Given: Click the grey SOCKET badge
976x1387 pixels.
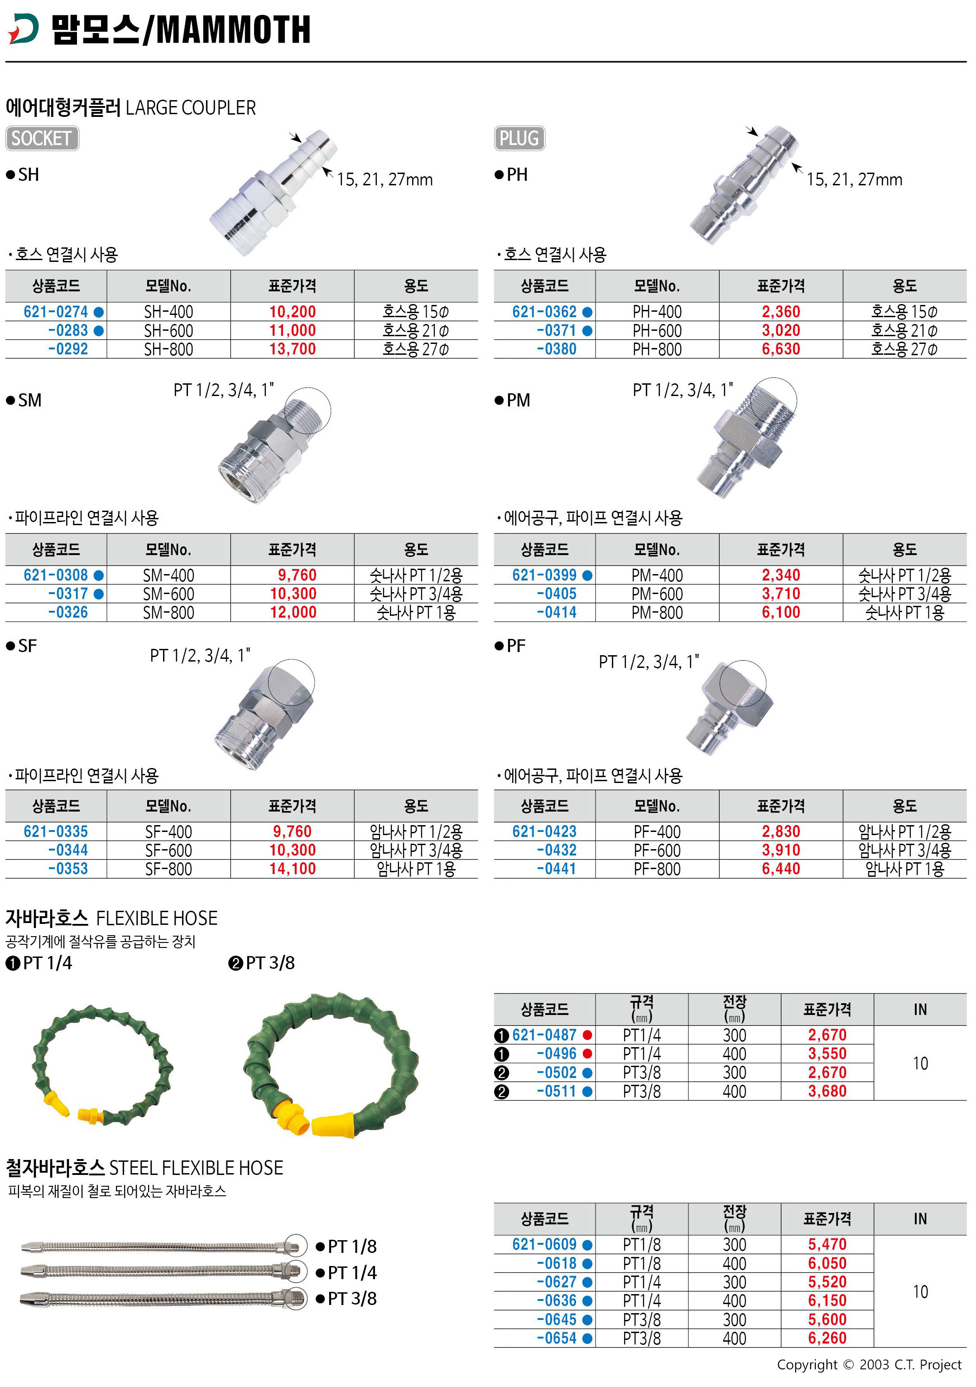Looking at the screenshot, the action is click(x=42, y=138).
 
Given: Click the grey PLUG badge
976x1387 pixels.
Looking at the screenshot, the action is click(x=519, y=138).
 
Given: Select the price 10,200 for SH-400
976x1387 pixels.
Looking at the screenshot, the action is click(x=292, y=312).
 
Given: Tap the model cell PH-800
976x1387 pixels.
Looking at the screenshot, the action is click(x=657, y=349).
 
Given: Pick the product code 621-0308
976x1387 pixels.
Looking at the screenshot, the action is click(x=56, y=575).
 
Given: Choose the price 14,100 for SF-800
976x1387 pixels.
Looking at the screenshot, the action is click(x=292, y=869).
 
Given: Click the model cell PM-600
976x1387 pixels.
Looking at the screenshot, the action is click(x=657, y=594).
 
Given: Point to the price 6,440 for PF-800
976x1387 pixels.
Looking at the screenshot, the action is click(x=781, y=869).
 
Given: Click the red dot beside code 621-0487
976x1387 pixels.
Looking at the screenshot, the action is click(x=587, y=1035).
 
